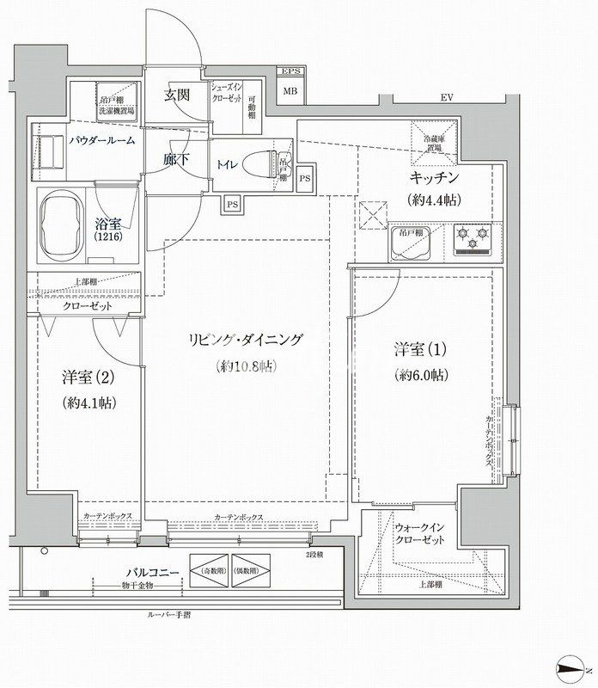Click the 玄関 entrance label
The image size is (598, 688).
(177, 95)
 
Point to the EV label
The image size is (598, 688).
(446, 98)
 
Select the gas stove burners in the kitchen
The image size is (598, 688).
(471, 240)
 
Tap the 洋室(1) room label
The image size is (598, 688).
(417, 350)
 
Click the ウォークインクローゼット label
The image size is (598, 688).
(421, 532)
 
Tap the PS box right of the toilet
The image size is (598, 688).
(305, 179)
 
